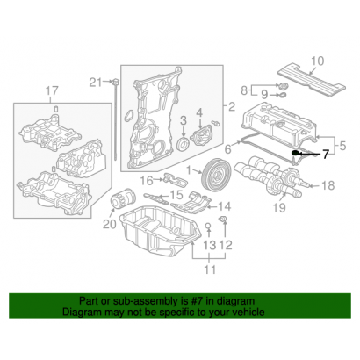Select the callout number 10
point(317,61)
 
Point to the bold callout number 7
point(325,155)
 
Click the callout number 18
point(329,185)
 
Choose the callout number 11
point(208,278)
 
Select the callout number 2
point(233,108)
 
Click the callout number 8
point(244,90)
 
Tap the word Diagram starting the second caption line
point(81,312)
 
